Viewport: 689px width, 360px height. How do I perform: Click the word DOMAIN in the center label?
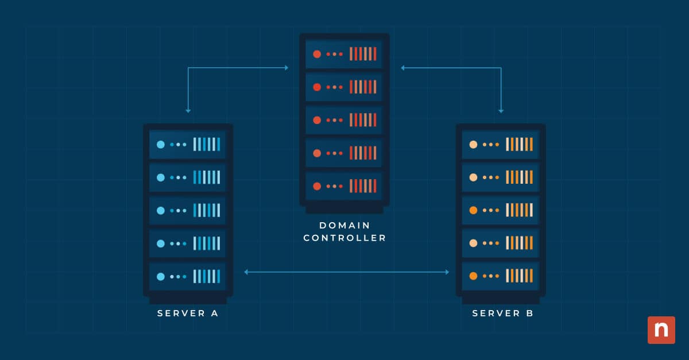[344, 225]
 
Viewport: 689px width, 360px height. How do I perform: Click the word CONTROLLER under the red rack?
[344, 238]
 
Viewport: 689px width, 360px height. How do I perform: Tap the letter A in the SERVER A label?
[214, 313]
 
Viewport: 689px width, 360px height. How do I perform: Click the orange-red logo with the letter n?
[661, 330]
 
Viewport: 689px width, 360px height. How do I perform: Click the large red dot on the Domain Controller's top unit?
[316, 54]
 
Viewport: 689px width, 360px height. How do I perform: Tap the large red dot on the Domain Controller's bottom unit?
[316, 186]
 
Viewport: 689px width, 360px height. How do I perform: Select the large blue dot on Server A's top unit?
[161, 145]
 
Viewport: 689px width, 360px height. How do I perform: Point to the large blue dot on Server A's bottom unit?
[161, 277]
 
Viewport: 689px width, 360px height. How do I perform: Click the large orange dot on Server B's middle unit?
[473, 211]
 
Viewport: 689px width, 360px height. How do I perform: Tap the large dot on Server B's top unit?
[473, 145]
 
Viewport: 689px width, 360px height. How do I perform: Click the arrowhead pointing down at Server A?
[188, 110]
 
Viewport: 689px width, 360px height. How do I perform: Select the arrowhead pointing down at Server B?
[501, 110]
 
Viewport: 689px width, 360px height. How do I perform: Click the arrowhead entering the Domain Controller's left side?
[286, 68]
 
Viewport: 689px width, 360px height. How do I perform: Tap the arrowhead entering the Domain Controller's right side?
[403, 68]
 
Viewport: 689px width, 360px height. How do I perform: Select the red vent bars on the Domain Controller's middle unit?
[363, 120]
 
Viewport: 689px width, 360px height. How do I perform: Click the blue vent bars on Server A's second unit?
[207, 177]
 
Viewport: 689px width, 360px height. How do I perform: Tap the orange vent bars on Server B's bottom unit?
[519, 277]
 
